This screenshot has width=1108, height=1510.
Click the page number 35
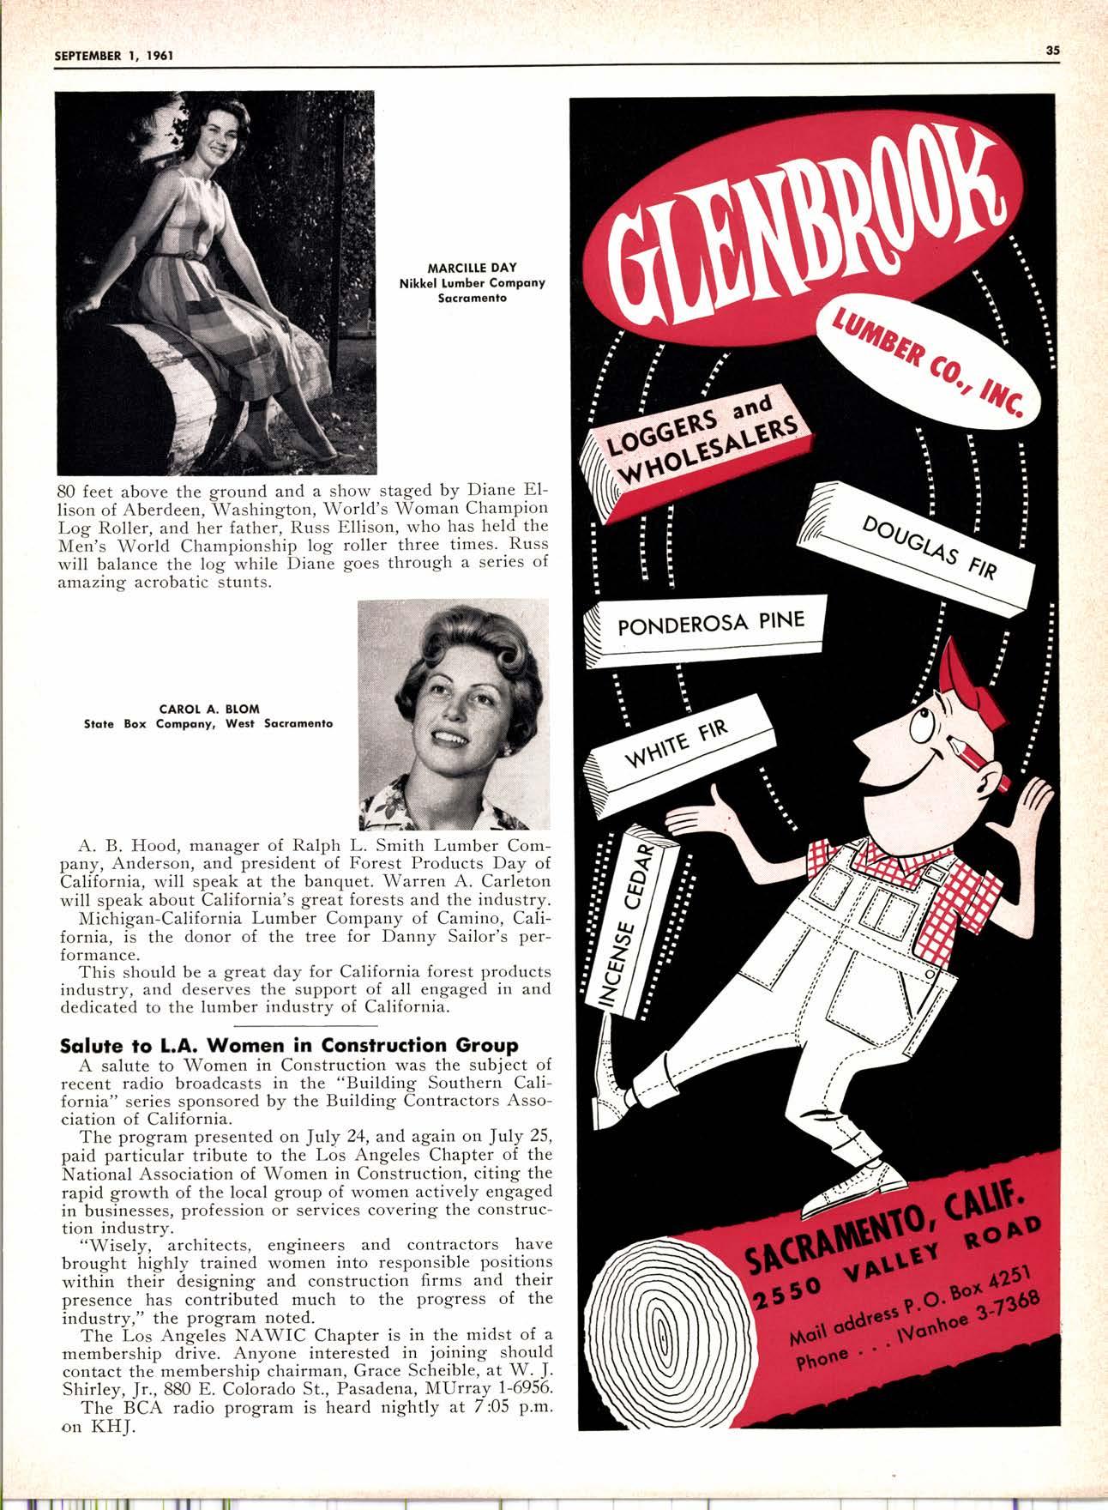click(1053, 50)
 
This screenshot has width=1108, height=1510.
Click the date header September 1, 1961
click(114, 56)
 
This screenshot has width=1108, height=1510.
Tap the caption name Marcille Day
click(473, 268)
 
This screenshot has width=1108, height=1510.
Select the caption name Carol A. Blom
click(209, 709)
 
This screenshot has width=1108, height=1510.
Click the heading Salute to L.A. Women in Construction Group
click(289, 1045)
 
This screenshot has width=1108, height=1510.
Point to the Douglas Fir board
click(922, 547)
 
